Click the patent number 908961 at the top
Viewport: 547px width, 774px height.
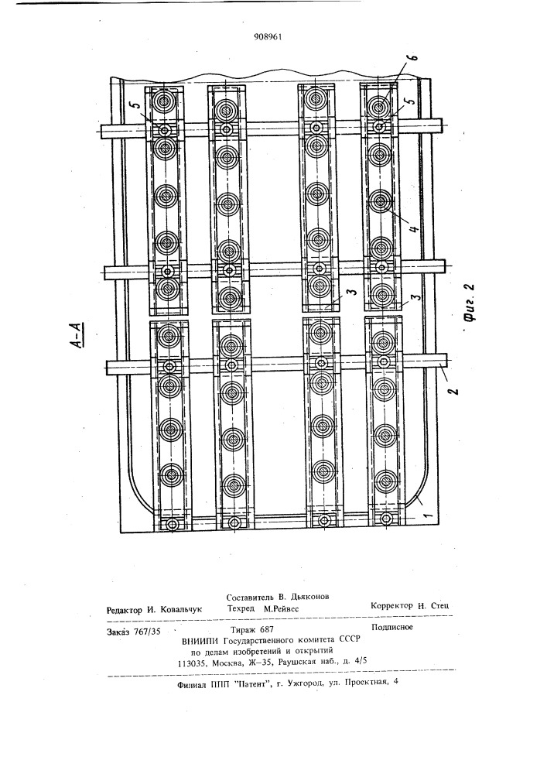[268, 36]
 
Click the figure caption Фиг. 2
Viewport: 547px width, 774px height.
[470, 303]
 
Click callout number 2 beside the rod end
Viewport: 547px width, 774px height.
[453, 390]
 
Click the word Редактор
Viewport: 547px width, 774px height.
[124, 610]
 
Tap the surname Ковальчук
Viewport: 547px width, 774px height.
[182, 610]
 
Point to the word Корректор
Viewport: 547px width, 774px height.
[391, 606]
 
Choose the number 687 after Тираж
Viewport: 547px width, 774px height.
[265, 629]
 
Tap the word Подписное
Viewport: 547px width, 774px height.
[391, 628]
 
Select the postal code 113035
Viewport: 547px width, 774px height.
[191, 663]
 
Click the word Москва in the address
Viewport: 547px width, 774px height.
[225, 663]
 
